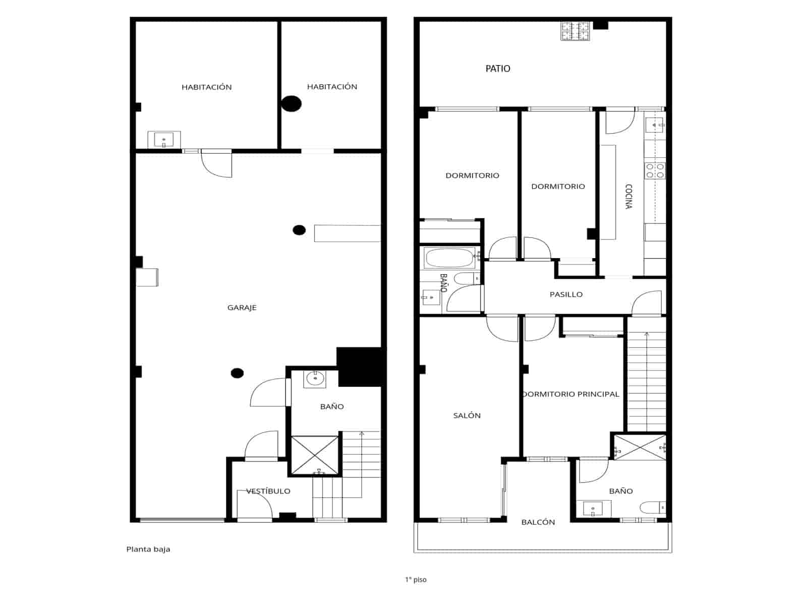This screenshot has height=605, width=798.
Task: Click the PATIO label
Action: tap(497, 69)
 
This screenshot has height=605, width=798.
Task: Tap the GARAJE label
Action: tap(242, 308)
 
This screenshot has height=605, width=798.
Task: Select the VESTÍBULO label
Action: tap(268, 491)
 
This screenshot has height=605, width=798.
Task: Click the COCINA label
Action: tap(629, 196)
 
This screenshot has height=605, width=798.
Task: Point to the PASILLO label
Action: tap(565, 294)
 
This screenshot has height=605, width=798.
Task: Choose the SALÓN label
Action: tap(467, 415)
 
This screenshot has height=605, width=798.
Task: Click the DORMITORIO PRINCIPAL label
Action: tap(571, 394)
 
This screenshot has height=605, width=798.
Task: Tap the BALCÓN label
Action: tap(538, 522)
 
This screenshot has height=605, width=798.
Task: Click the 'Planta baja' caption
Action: tap(148, 550)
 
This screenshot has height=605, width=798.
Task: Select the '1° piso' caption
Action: tap(415, 580)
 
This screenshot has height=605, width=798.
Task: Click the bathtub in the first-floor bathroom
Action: tap(449, 259)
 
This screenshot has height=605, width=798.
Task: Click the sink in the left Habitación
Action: tap(163, 140)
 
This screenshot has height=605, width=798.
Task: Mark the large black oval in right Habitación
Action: tap(291, 103)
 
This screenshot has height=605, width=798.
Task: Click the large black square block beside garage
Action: tap(359, 367)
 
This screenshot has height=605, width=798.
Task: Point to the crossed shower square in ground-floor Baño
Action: tap(315, 455)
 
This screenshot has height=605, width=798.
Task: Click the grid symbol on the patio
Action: tap(575, 31)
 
